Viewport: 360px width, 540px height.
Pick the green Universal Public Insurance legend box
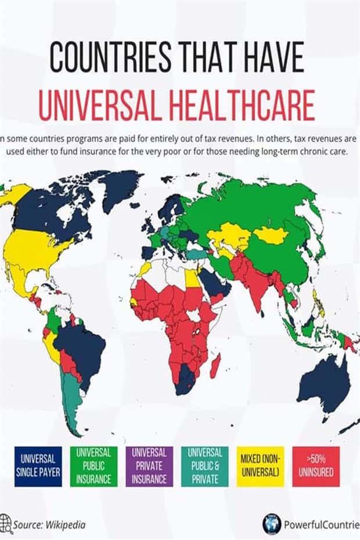tap(93, 466)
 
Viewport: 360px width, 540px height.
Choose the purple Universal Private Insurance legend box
tap(149, 466)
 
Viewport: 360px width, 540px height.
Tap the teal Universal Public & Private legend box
tap(205, 466)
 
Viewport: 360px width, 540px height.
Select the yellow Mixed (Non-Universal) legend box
tap(261, 466)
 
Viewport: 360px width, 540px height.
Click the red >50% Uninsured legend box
tap(317, 466)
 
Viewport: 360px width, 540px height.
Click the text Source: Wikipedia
tap(50, 525)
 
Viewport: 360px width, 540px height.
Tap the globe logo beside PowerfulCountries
tap(271, 523)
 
